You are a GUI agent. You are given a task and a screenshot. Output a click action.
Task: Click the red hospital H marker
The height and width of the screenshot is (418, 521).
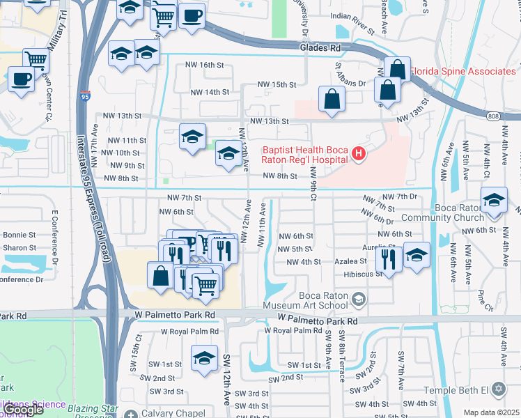pyautogui.click(x=359, y=153)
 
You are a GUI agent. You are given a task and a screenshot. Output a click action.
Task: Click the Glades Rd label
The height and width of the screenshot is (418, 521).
pyautogui.click(x=320, y=48)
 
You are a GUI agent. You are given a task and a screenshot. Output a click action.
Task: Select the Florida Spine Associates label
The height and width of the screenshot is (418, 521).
pyautogui.click(x=462, y=71)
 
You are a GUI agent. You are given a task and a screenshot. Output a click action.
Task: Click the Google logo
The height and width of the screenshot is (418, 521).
pyautogui.click(x=22, y=410)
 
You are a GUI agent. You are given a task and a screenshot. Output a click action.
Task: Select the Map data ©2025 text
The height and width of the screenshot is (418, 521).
pyautogui.click(x=491, y=412)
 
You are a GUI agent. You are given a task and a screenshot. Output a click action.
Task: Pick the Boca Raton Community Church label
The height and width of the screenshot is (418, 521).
pyautogui.click(x=475, y=212)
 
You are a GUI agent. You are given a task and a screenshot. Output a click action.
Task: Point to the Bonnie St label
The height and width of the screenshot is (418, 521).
pyautogui.click(x=18, y=235)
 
